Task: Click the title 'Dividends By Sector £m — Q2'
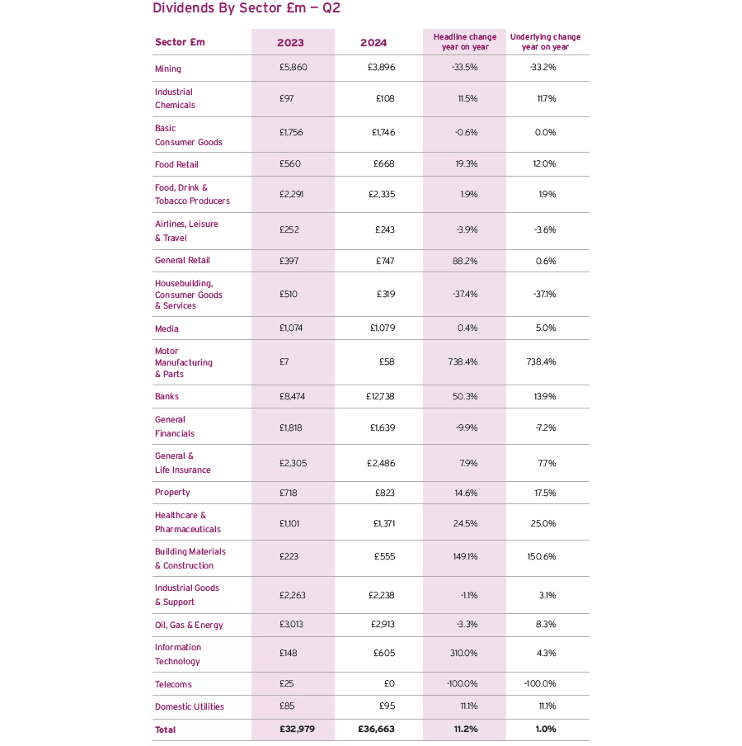pyautogui.click(x=247, y=8)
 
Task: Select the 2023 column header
pyautogui.click(x=290, y=43)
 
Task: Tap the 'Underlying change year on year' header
pyautogui.click(x=545, y=42)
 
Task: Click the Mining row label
pyautogui.click(x=168, y=68)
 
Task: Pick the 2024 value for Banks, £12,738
pyautogui.click(x=380, y=397)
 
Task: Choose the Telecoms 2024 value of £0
pyautogui.click(x=388, y=684)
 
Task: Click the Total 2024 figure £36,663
pyautogui.click(x=377, y=729)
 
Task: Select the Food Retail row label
pyautogui.click(x=176, y=165)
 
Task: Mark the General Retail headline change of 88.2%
pyautogui.click(x=465, y=262)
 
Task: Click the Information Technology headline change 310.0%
pyautogui.click(x=463, y=654)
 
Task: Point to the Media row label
pyautogui.click(x=167, y=328)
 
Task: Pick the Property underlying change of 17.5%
pyautogui.click(x=545, y=493)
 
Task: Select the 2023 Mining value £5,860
pyautogui.click(x=293, y=68)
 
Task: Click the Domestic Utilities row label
pyautogui.click(x=190, y=707)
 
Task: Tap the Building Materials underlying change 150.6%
pyautogui.click(x=542, y=557)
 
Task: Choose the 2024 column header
pyautogui.click(x=373, y=43)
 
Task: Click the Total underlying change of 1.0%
pyautogui.click(x=545, y=729)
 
